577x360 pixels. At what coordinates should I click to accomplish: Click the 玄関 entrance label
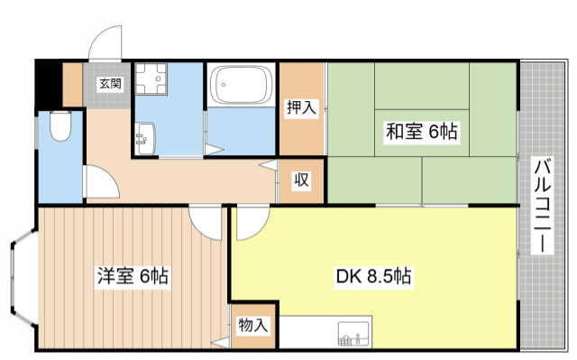click(x=109, y=84)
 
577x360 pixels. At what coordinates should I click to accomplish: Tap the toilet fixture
click(x=60, y=126)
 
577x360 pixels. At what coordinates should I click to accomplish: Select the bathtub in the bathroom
click(x=240, y=87)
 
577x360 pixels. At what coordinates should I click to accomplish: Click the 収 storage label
click(x=301, y=180)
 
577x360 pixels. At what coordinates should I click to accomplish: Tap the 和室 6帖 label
click(x=421, y=133)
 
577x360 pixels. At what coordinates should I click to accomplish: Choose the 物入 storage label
click(x=252, y=326)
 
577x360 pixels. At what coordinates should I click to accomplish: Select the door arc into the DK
click(x=248, y=221)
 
